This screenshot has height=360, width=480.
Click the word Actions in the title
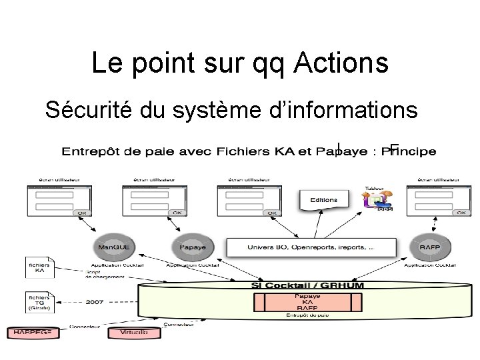point(340,63)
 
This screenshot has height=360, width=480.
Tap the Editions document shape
point(324,200)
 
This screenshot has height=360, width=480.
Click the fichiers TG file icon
point(40,302)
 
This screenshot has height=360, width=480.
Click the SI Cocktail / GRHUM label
point(307,286)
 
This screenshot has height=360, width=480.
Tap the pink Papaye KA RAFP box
point(307,301)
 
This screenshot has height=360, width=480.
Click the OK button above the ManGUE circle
point(83,213)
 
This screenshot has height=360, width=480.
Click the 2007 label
point(95,302)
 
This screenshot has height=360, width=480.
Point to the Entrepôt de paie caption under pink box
point(307,315)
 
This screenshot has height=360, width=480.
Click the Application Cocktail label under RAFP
point(425,265)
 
